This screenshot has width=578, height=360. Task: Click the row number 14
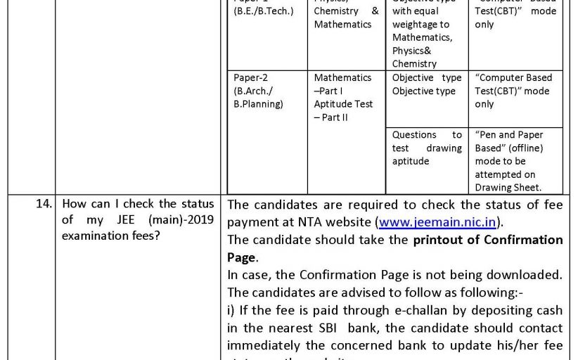pyautogui.click(x=44, y=205)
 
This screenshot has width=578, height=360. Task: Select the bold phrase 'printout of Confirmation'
pyautogui.click(x=488, y=240)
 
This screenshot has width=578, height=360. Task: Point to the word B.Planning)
pyautogui.click(x=258, y=104)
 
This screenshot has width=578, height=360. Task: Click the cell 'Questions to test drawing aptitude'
pyautogui.click(x=427, y=148)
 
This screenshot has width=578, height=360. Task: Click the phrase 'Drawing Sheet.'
pyautogui.click(x=508, y=187)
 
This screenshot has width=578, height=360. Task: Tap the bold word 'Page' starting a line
pyautogui.click(x=241, y=257)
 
